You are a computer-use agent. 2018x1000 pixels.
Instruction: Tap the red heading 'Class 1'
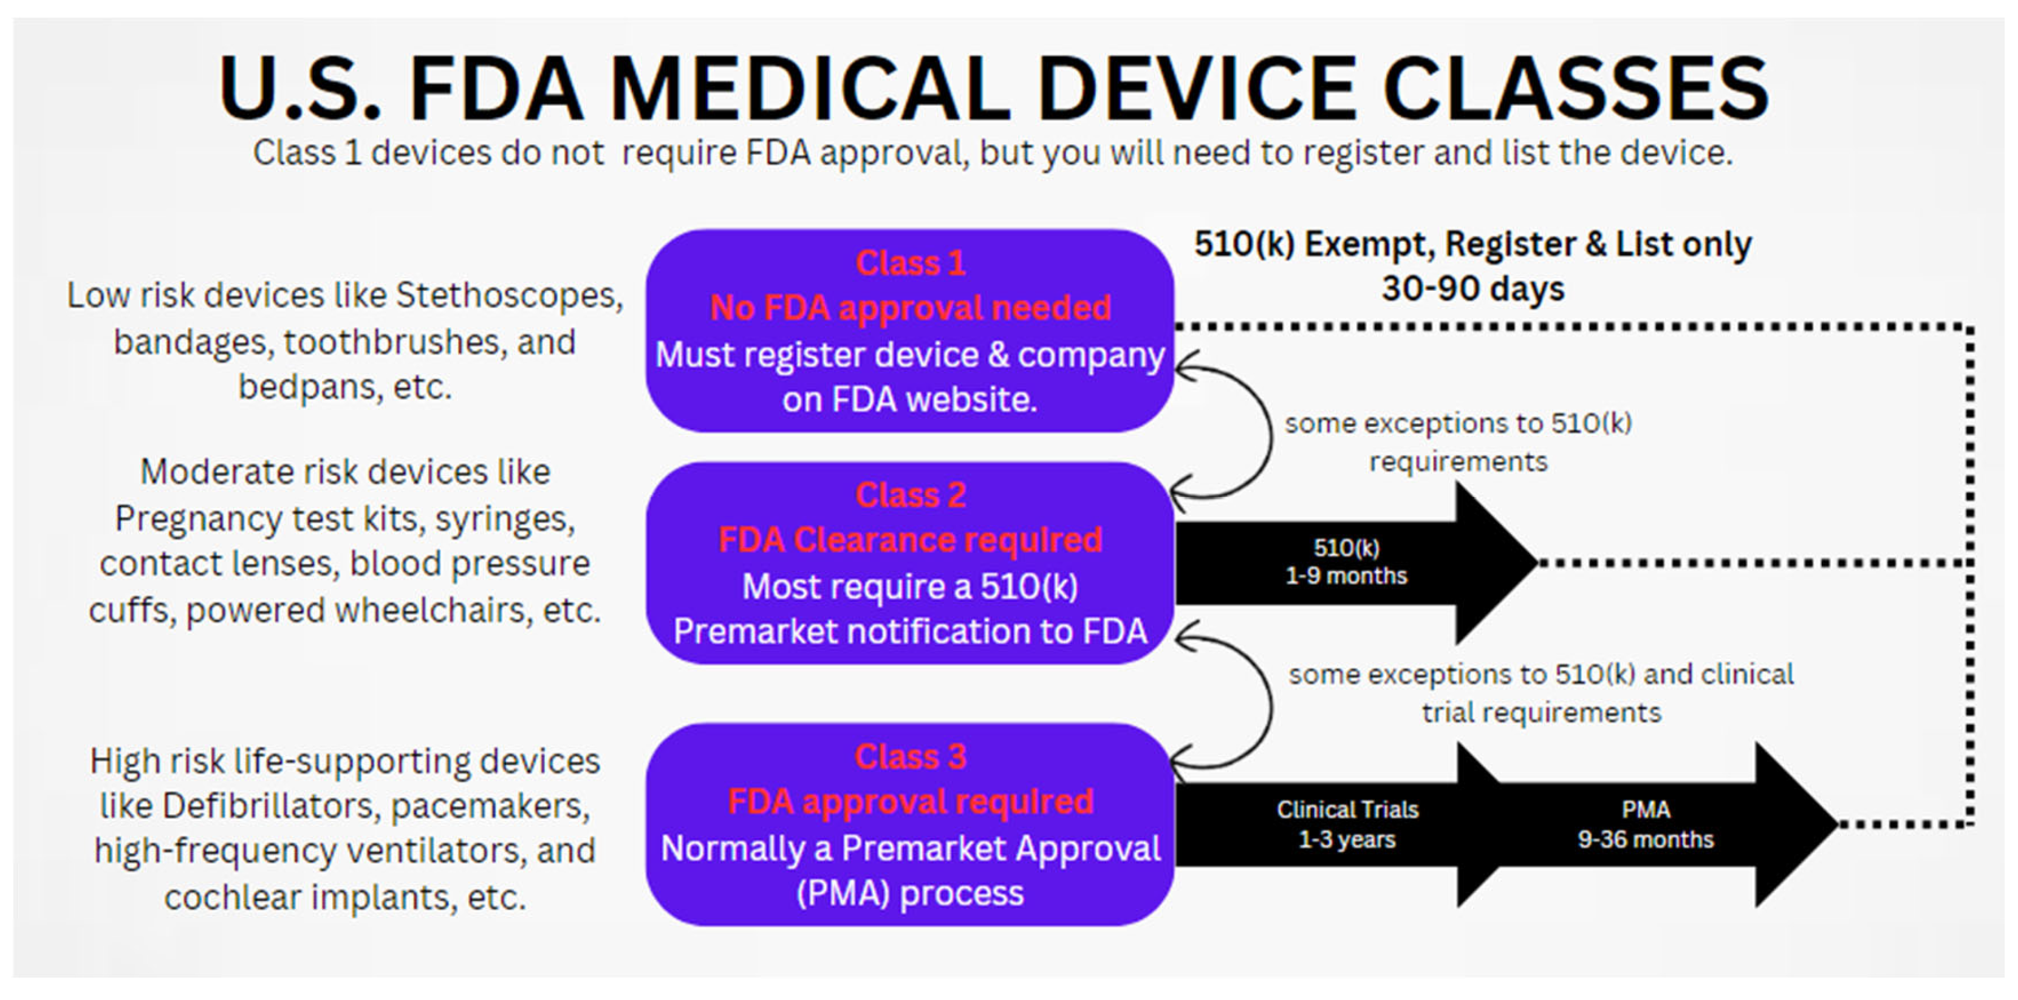pos(911,263)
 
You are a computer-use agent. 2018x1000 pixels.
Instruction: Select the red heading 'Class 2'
pos(911,495)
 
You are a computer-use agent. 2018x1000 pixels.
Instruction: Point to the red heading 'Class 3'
pos(911,757)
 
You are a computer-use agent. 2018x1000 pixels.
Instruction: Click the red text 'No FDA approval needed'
pos(911,308)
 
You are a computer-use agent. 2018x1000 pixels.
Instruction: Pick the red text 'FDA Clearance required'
pos(911,540)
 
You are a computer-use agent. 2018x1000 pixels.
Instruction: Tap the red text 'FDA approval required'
pos(911,801)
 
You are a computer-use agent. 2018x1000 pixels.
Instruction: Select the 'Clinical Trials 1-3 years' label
pos(1347,824)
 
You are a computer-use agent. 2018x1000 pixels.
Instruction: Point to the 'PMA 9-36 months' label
pos(1645,824)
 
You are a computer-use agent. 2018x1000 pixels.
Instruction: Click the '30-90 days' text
pos(1472,288)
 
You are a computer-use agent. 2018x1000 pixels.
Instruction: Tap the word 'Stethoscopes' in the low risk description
pos(508,295)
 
